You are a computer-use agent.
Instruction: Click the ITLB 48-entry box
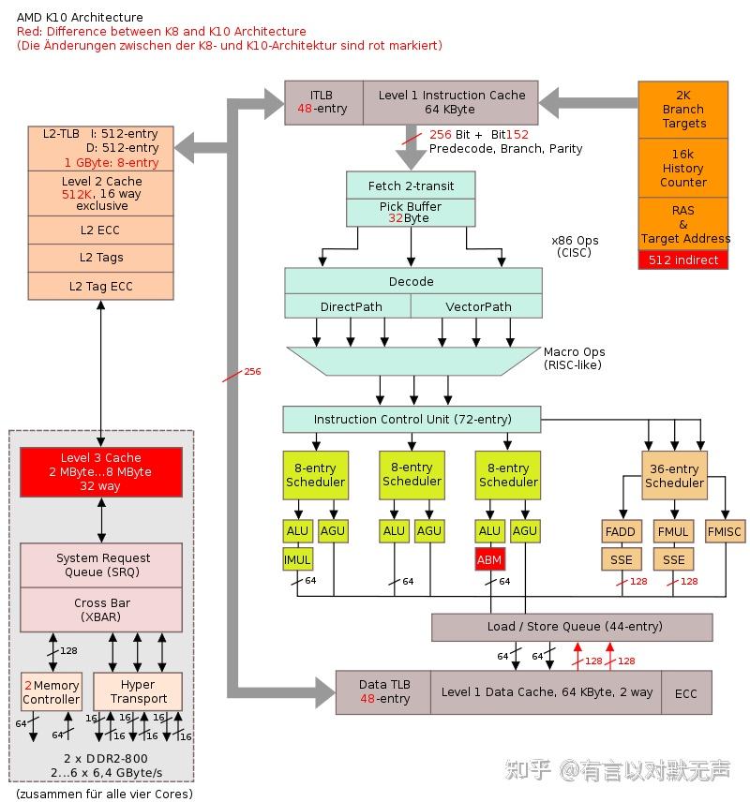pyautogui.click(x=322, y=102)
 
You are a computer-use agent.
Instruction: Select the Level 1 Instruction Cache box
pyautogui.click(x=451, y=102)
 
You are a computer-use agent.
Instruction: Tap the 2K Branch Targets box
pyautogui.click(x=683, y=110)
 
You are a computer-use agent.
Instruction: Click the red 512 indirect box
pyautogui.click(x=683, y=260)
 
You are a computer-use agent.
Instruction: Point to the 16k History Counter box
pyautogui.click(x=683, y=168)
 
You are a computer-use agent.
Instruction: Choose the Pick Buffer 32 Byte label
pyautogui.click(x=410, y=212)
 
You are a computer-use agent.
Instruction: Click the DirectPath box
pyautogui.click(x=347, y=306)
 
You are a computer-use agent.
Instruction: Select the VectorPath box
pyautogui.click(x=476, y=306)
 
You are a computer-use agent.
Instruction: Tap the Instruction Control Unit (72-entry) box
pyautogui.click(x=411, y=419)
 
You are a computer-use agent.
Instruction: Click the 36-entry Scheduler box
pyautogui.click(x=674, y=476)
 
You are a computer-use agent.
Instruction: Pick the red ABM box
pyautogui.click(x=489, y=559)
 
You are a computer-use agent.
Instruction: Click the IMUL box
pyautogui.click(x=298, y=559)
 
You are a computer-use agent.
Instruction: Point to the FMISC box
pyautogui.click(x=723, y=531)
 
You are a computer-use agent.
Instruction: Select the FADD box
pyautogui.click(x=621, y=531)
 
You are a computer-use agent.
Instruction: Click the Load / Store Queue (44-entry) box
pyautogui.click(x=572, y=627)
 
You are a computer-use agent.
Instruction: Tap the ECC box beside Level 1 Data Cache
pyautogui.click(x=686, y=693)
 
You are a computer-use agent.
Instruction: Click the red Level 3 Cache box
pyautogui.click(x=101, y=471)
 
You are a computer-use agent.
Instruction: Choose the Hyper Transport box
pyautogui.click(x=138, y=691)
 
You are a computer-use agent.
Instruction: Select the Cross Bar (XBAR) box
pyautogui.click(x=101, y=609)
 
